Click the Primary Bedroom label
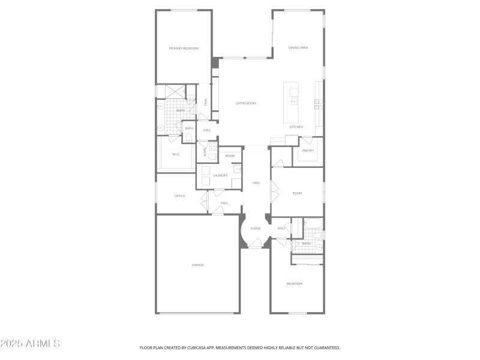click(x=184, y=48)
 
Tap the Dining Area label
click(x=298, y=47)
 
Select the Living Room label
click(x=245, y=103)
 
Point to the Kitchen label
click(x=296, y=127)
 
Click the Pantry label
click(x=308, y=151)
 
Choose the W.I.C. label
click(x=176, y=154)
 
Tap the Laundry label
click(x=220, y=175)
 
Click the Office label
click(x=179, y=196)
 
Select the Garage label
click(x=198, y=265)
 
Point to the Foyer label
click(x=256, y=229)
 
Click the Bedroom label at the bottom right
click(x=295, y=283)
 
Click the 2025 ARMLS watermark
click(x=30, y=344)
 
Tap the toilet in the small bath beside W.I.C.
click(x=189, y=138)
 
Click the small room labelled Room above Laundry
click(x=229, y=156)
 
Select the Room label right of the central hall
click(x=297, y=193)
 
